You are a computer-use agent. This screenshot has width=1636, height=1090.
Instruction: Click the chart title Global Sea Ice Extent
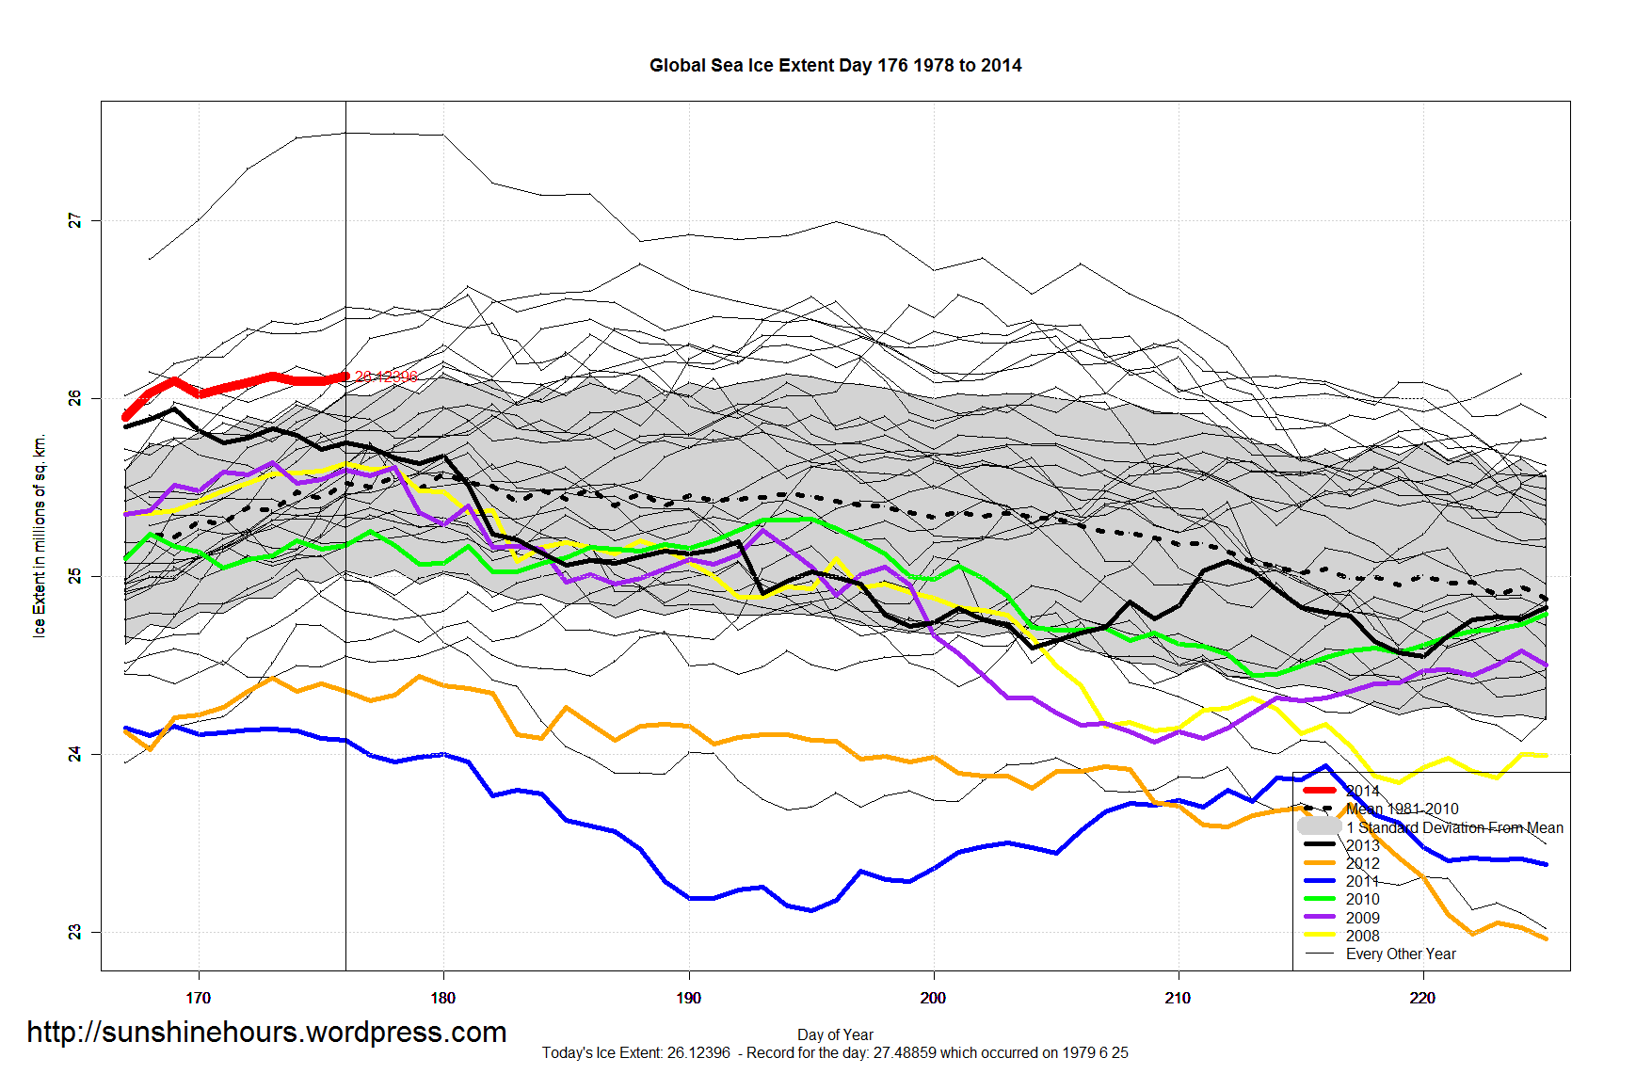pos(835,65)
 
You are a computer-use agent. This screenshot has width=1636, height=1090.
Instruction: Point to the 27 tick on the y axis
pos(75,220)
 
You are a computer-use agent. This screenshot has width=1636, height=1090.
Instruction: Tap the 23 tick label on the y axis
pos(75,932)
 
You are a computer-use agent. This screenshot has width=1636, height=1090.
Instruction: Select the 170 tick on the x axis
pos(198,998)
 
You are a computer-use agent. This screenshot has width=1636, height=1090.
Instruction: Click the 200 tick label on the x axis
pos(933,998)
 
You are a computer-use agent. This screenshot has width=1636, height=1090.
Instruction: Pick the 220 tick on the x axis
pos(1422,998)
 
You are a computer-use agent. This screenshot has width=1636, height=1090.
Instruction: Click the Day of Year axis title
pos(835,1034)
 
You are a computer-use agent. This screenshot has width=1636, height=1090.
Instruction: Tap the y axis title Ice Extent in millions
pos(39,536)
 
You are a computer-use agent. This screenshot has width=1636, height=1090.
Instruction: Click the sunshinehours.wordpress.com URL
pos(266,1033)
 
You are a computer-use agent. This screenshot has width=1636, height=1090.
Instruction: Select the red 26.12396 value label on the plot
pos(386,377)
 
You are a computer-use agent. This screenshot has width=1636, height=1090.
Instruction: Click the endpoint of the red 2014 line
pos(345,376)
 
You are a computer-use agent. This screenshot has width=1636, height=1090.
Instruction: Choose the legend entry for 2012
pos(1362,863)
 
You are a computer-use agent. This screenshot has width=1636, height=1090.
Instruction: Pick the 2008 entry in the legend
pos(1362,936)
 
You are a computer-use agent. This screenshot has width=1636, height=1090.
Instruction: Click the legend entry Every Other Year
pos(1400,954)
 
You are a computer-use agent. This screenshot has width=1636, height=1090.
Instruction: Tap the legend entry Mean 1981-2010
pos(1402,809)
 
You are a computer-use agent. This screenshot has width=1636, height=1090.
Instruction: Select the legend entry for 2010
pos(1362,899)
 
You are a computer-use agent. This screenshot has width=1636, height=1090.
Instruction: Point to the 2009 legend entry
pos(1362,918)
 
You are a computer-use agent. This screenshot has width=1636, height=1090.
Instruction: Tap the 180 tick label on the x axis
pos(442,998)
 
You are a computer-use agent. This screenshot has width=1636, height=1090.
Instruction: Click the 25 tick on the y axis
pos(75,576)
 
